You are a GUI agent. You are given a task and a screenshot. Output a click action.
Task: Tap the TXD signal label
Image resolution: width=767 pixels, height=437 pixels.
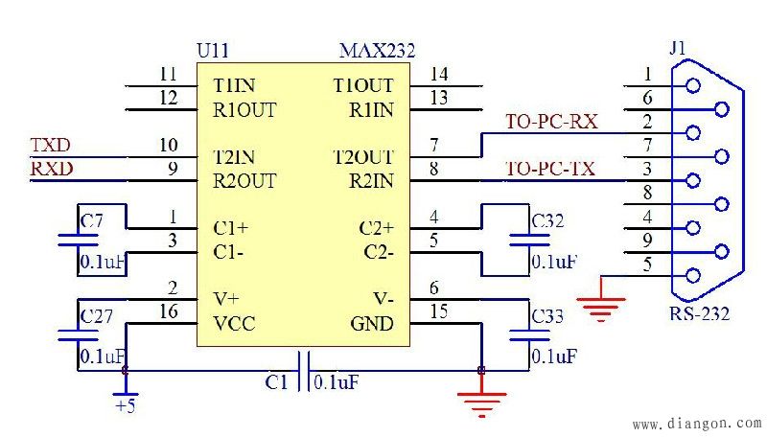pos(51,146)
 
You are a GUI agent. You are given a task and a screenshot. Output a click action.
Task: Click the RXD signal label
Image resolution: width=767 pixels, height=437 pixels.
pos(51,170)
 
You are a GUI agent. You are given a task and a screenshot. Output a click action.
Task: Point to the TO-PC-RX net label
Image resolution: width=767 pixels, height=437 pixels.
pos(551,122)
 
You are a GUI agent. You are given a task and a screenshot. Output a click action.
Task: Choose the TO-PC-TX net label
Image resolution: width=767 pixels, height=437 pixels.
pos(550,170)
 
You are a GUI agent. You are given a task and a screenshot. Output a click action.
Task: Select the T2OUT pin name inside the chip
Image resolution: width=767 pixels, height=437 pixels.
pos(362,156)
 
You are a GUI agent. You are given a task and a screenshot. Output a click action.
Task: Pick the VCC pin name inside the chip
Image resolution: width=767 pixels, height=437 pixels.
pos(234,323)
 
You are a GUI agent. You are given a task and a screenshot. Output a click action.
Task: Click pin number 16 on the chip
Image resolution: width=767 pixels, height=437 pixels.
pos(169,312)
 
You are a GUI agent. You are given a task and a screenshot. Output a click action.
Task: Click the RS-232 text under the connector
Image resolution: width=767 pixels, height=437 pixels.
pos(700,313)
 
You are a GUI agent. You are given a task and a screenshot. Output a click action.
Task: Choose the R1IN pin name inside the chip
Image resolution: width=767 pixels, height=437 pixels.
pos(371,109)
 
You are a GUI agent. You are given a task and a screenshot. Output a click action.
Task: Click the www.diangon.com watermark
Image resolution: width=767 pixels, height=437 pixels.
pos(697,423)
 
